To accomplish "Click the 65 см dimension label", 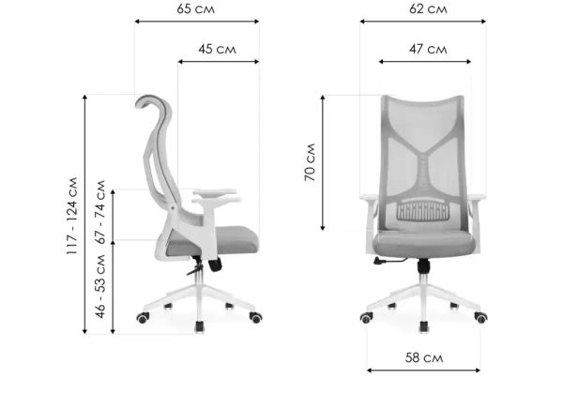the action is [196, 9].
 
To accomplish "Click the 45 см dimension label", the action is [218, 49].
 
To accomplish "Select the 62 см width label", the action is [429, 9].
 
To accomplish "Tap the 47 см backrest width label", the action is [429, 49].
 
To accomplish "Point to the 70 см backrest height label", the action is [310, 162].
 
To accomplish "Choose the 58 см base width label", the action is [424, 357].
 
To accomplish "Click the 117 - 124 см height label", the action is [72, 216].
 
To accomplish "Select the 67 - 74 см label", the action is [100, 212].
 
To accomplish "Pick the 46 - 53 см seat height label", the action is [100, 286].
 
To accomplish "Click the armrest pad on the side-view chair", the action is [215, 192].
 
